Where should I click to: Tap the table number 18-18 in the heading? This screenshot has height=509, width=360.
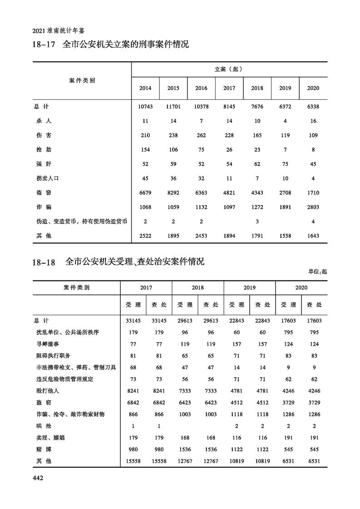click(x=44, y=263)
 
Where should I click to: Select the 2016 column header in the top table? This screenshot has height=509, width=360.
click(x=201, y=88)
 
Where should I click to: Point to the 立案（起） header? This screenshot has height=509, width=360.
click(x=229, y=69)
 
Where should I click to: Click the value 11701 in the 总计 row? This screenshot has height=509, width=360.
click(x=173, y=107)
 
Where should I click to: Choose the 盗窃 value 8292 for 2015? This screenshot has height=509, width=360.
click(x=173, y=193)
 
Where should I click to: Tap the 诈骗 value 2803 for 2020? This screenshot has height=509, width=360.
click(x=313, y=207)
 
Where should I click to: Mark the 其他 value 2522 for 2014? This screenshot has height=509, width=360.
click(x=145, y=236)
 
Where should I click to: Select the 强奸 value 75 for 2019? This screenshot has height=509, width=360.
click(x=285, y=164)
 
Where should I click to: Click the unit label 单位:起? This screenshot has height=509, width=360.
click(x=317, y=271)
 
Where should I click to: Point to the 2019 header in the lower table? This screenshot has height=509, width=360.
click(x=249, y=288)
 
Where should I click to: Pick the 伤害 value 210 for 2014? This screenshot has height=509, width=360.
click(x=145, y=136)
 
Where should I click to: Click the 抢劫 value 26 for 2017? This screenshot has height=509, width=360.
click(x=229, y=150)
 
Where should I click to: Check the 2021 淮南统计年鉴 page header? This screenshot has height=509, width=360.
click(x=59, y=32)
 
